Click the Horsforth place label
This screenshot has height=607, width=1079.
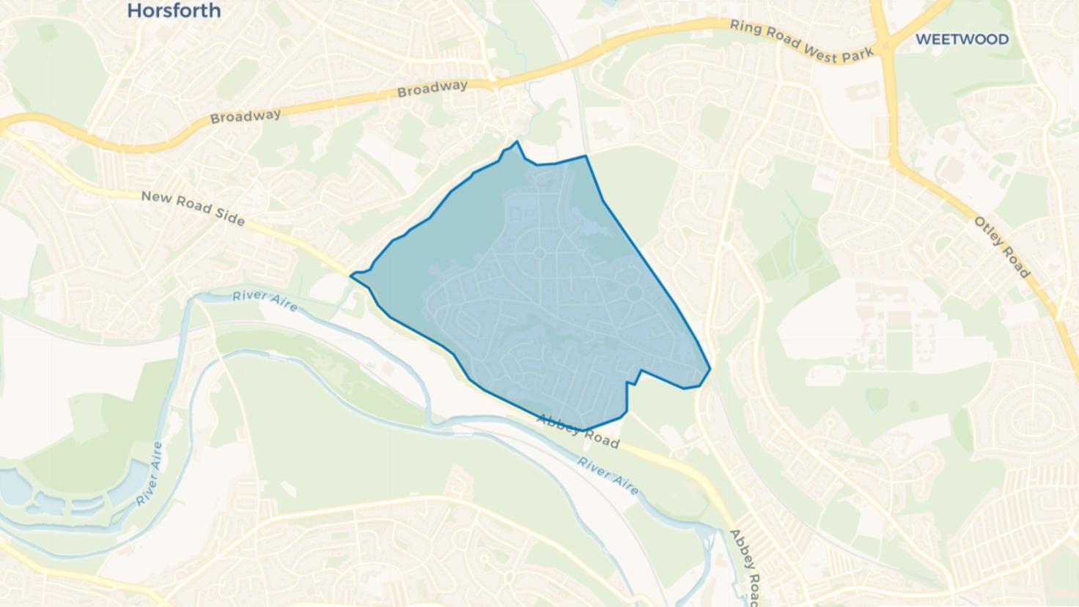point(174,10)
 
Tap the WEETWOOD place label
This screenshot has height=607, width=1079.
point(962,40)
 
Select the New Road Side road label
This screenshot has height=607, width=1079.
point(193,208)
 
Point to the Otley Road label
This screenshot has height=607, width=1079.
point(1002,247)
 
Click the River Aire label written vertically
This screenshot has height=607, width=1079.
point(149,474)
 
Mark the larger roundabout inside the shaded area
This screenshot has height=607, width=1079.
point(635,294)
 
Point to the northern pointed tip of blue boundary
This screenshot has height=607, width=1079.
point(518,142)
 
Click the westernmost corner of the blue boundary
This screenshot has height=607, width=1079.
point(352,276)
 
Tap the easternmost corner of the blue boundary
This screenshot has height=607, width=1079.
point(710,369)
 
